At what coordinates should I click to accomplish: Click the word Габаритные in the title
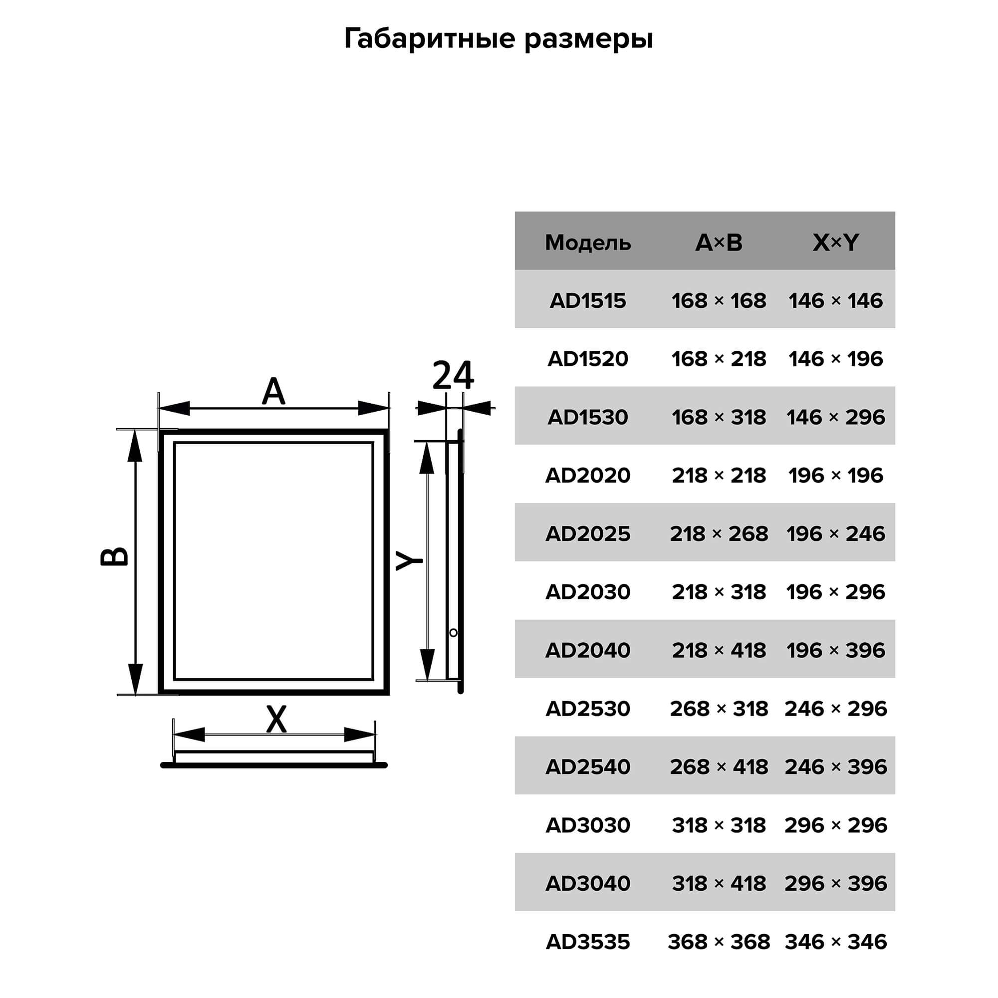(x=430, y=39)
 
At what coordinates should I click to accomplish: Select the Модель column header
(x=588, y=243)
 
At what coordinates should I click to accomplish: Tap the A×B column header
(x=719, y=243)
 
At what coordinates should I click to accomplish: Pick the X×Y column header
(x=836, y=243)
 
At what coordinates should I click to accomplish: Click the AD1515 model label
(x=588, y=300)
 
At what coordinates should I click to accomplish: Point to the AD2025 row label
(x=588, y=533)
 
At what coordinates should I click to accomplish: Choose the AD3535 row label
(x=588, y=942)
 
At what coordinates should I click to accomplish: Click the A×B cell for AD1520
(x=719, y=359)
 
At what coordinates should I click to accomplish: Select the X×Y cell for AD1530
(x=836, y=417)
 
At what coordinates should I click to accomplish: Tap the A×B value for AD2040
(x=719, y=650)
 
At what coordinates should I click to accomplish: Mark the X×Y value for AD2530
(x=836, y=709)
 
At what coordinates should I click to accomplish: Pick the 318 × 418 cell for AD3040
(x=719, y=883)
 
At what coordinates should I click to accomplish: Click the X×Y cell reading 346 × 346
(x=836, y=942)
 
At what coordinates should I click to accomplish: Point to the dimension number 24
(x=453, y=375)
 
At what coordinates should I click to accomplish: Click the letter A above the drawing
(x=273, y=392)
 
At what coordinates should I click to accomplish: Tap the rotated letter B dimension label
(x=114, y=556)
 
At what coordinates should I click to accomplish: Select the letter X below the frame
(x=276, y=719)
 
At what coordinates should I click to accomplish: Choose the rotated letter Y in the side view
(x=409, y=560)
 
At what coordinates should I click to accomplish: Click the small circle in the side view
(x=454, y=633)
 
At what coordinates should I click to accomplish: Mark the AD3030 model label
(x=588, y=825)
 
